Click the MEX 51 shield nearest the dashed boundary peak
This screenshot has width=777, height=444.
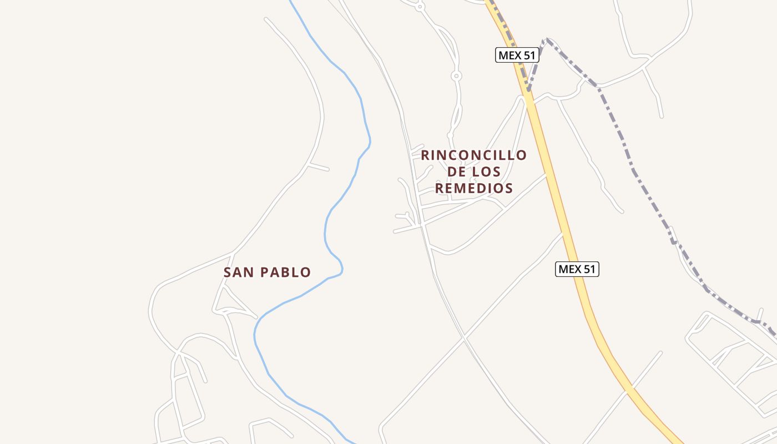coord(517,55)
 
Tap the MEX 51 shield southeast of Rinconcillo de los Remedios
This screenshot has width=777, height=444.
coord(577,269)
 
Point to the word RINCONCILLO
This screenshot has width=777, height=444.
coord(473,155)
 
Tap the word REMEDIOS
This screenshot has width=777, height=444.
coord(473,188)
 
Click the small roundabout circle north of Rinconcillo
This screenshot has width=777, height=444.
coord(456,75)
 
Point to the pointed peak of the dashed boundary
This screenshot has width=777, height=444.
coord(547,39)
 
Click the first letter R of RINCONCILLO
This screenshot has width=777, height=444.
coord(426,155)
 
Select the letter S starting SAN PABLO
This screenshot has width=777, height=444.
coord(228,273)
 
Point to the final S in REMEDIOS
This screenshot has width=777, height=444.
coord(508,188)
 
